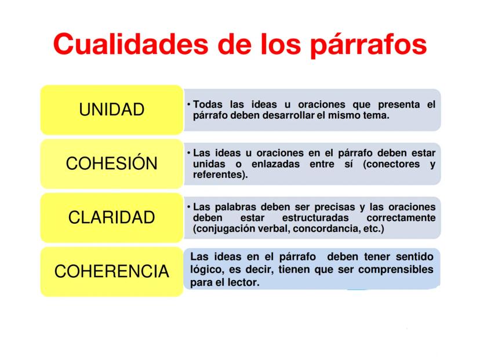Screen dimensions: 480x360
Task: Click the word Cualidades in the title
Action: point(130,44)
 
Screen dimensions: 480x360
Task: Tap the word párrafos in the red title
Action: point(369,46)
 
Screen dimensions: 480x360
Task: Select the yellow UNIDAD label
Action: point(112,110)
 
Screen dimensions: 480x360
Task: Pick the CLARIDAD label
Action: point(112,217)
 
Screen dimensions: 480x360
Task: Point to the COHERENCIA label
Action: point(112,271)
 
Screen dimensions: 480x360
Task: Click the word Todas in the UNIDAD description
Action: point(208,104)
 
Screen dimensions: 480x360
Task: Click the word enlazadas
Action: point(275,164)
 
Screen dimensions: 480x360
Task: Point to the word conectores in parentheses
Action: point(391,164)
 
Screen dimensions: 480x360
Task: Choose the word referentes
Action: point(219,175)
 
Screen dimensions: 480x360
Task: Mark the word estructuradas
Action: point(315,218)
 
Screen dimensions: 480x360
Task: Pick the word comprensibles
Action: point(396,270)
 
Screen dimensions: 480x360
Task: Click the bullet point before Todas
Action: point(189,105)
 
